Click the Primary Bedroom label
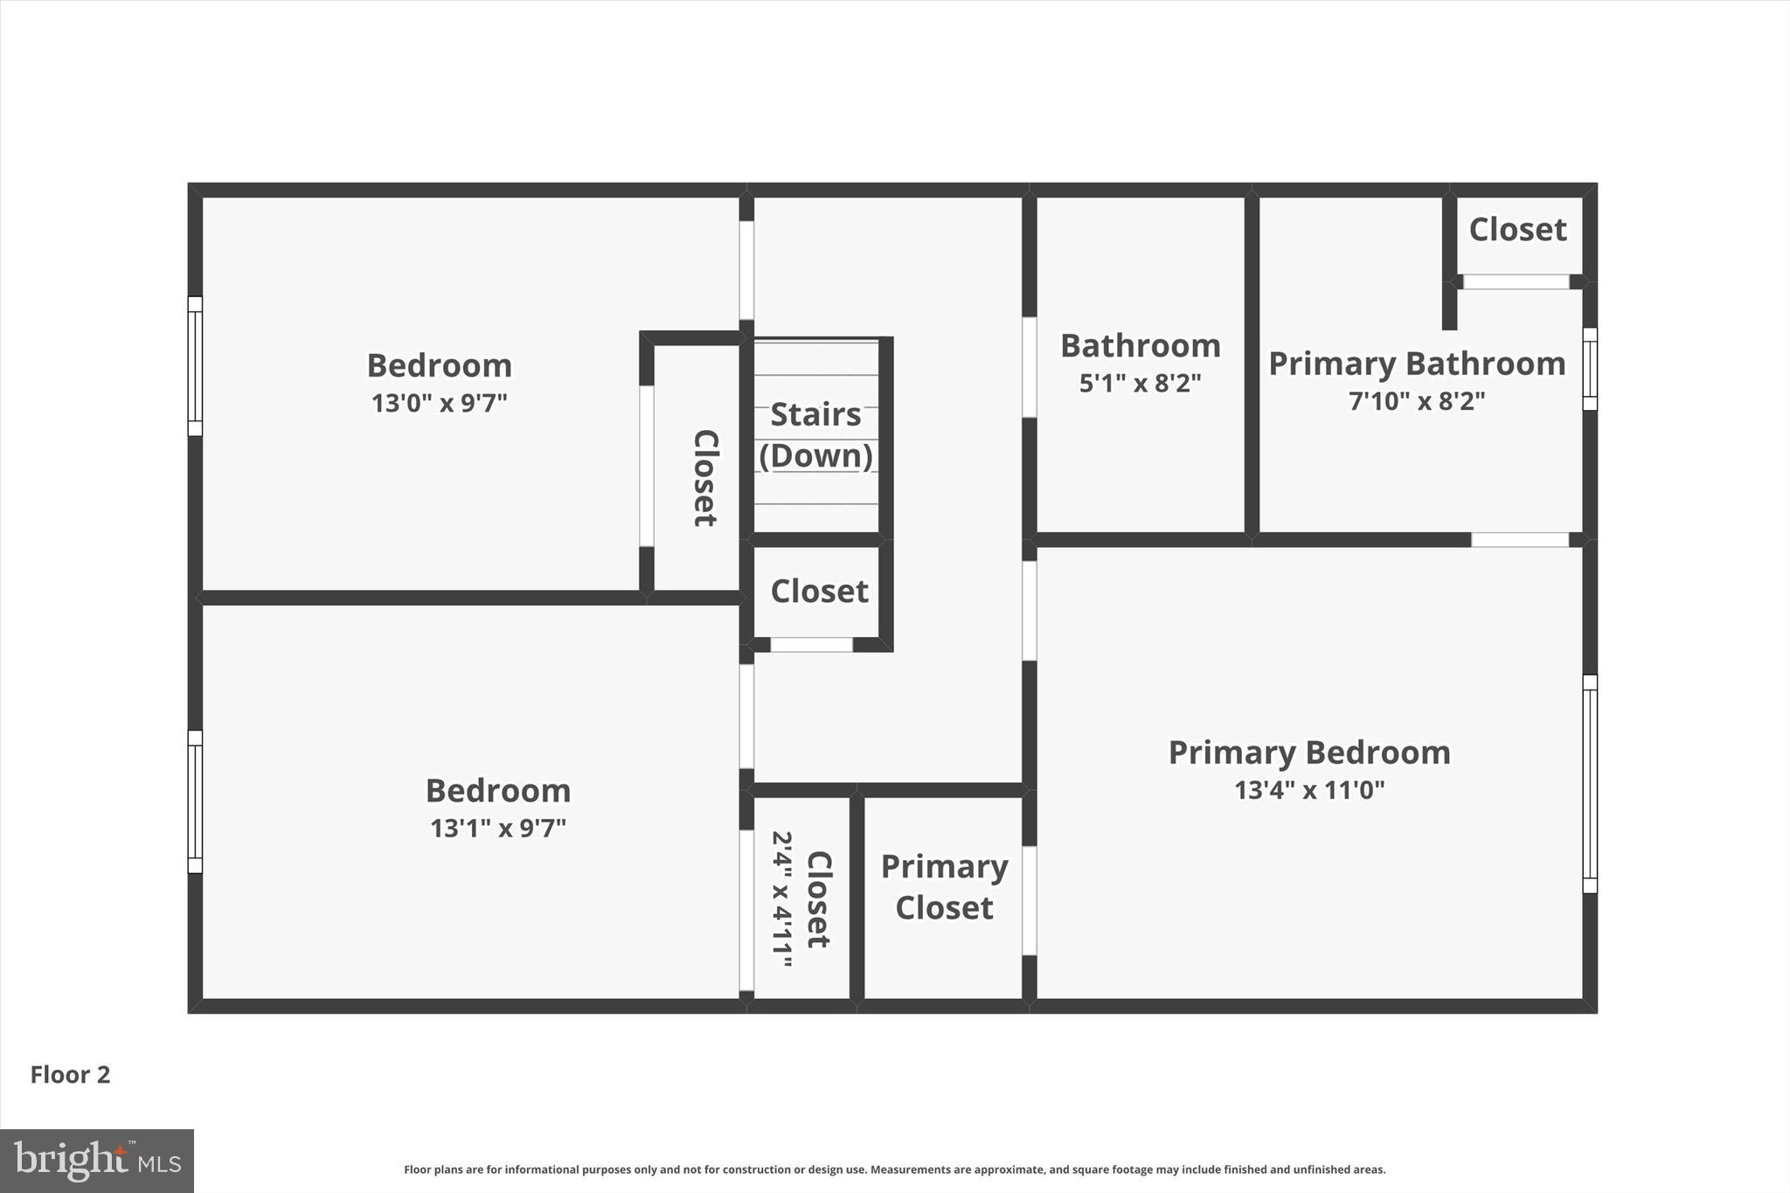(x=1308, y=753)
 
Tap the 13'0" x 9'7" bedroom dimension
(x=439, y=403)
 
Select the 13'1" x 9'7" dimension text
(x=497, y=828)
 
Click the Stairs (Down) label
(x=815, y=434)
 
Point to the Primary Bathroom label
(x=1416, y=364)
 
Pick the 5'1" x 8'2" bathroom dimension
(x=1140, y=383)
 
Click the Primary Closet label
(x=944, y=886)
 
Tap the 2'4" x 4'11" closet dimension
(x=781, y=898)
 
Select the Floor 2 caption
(x=71, y=1074)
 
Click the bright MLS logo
(x=97, y=1161)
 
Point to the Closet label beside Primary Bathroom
(x=1517, y=230)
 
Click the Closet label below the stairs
(x=819, y=592)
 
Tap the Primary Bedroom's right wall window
(x=1590, y=783)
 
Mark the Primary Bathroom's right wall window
(x=1590, y=369)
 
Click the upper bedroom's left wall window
(x=196, y=365)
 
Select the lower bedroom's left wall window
(x=196, y=801)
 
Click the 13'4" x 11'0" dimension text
(x=1308, y=790)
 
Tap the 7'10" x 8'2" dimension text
(x=1416, y=401)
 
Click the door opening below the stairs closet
(x=811, y=645)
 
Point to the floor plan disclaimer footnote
(x=894, y=1169)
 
